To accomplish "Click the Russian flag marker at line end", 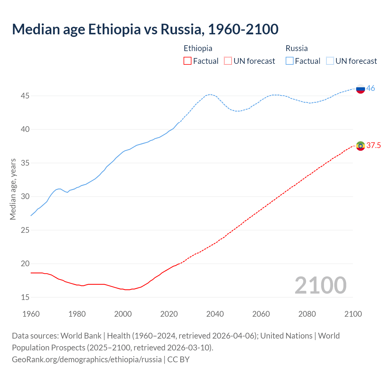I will point(360,89).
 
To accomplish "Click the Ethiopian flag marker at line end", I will point(360,146).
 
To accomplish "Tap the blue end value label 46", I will point(370,88).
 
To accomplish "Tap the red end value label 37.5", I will point(374,146).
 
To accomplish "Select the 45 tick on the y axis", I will point(25,96).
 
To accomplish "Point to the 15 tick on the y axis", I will point(25,297).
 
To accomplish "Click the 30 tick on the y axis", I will point(25,197).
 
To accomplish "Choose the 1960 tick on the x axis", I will point(31,314).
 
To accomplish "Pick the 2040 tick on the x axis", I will point(215,314).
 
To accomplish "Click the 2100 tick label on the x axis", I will point(353,314).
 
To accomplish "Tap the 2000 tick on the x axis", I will point(123,314).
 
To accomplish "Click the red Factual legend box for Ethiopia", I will point(188,61).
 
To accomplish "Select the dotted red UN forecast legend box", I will point(228,61).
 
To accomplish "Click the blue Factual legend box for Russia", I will point(290,61).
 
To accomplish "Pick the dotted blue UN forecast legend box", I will point(330,61).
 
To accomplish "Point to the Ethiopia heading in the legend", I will point(198,48).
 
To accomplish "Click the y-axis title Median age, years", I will point(13,189).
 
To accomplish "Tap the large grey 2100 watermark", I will point(320,285).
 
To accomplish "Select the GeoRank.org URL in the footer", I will point(87,360).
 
